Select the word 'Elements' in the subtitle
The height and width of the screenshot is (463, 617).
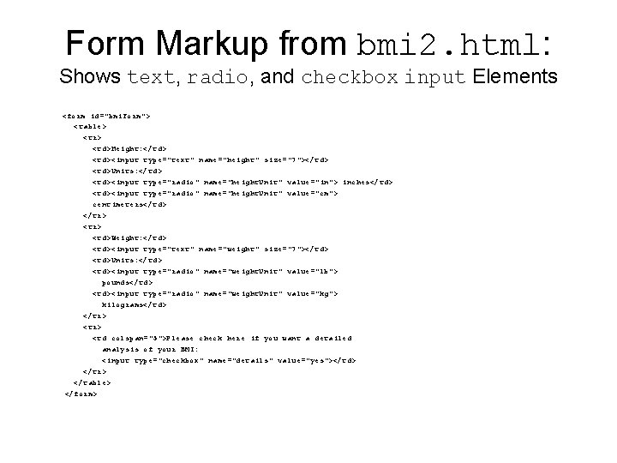coord(512,77)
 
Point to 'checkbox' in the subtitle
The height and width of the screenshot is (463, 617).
coord(350,78)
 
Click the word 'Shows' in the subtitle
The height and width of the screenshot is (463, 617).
coord(91,77)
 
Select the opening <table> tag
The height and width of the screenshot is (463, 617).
coord(92,125)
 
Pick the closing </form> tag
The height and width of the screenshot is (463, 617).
coord(81,394)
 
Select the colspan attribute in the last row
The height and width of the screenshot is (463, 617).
coord(129,338)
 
